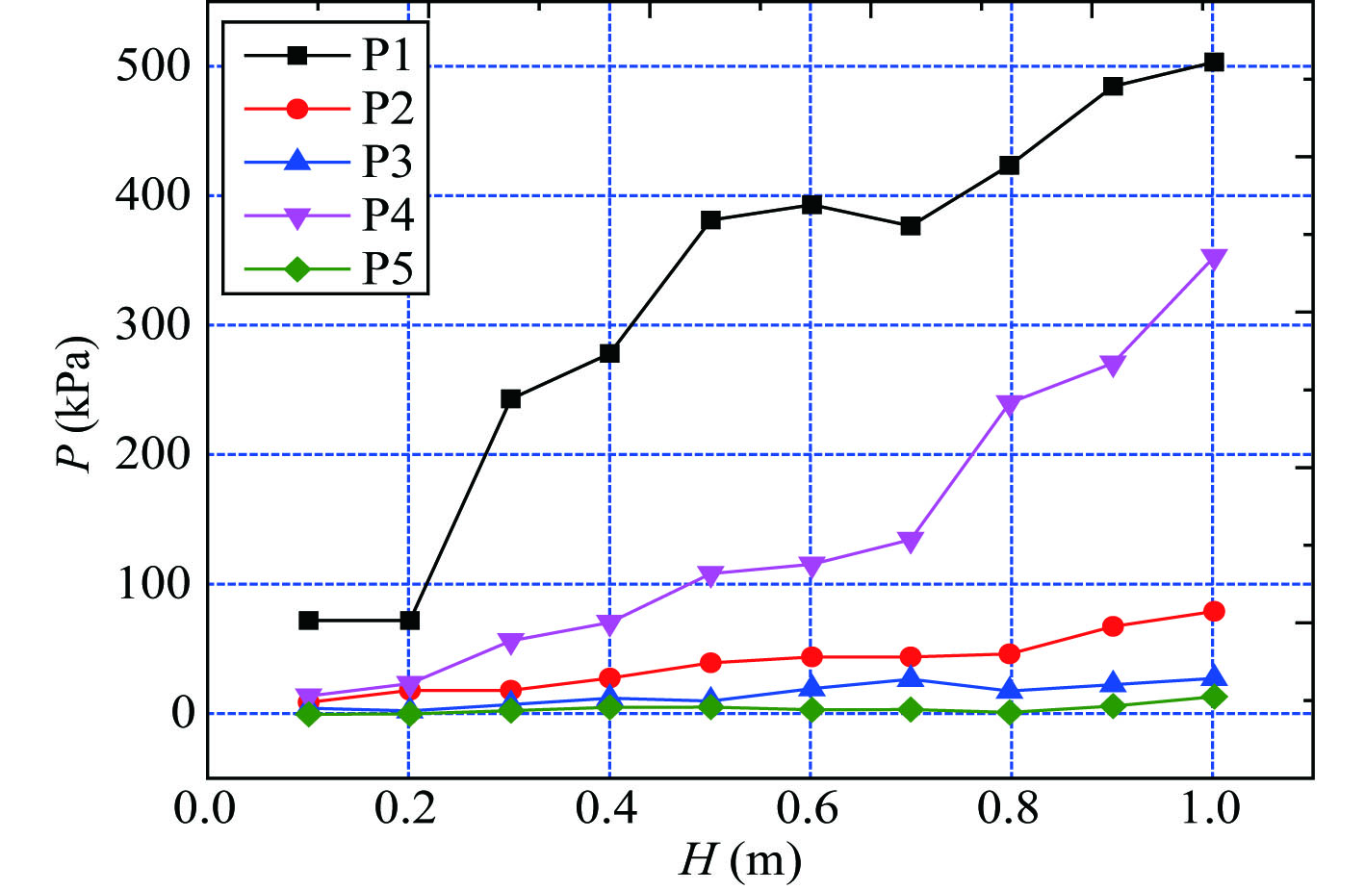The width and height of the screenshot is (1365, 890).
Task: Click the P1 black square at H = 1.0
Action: coord(1214,63)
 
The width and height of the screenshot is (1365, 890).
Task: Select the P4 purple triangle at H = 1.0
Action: coord(1214,260)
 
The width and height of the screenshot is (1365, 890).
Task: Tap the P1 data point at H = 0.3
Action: coord(510,398)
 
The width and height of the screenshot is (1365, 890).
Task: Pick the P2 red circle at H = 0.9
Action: coord(1113,626)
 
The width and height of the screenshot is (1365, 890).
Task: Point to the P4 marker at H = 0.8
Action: coord(1009,404)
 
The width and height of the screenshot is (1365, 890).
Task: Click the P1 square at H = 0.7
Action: coord(911,226)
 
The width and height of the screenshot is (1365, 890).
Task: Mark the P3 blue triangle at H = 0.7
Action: coord(911,678)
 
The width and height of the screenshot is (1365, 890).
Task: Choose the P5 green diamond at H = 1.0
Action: coord(1214,697)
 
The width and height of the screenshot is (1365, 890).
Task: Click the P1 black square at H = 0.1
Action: coord(308,621)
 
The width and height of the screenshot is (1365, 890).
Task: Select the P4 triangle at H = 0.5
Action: coord(710,576)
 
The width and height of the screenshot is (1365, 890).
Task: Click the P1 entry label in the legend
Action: coord(387,55)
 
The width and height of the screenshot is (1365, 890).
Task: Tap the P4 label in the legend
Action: coord(387,215)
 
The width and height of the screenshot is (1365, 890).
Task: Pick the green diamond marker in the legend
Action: coord(297,268)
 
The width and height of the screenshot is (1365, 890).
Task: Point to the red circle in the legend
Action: coord(297,109)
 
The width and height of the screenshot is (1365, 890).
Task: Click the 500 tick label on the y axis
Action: coord(153,66)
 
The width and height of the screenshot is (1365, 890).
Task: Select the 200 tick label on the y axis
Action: coord(153,454)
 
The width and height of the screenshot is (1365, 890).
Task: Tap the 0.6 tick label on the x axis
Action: coord(810,809)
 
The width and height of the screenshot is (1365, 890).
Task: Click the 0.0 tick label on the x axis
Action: coord(205,809)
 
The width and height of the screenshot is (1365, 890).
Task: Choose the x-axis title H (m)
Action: coord(739,859)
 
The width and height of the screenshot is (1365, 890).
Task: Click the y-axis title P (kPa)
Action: coord(74,404)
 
